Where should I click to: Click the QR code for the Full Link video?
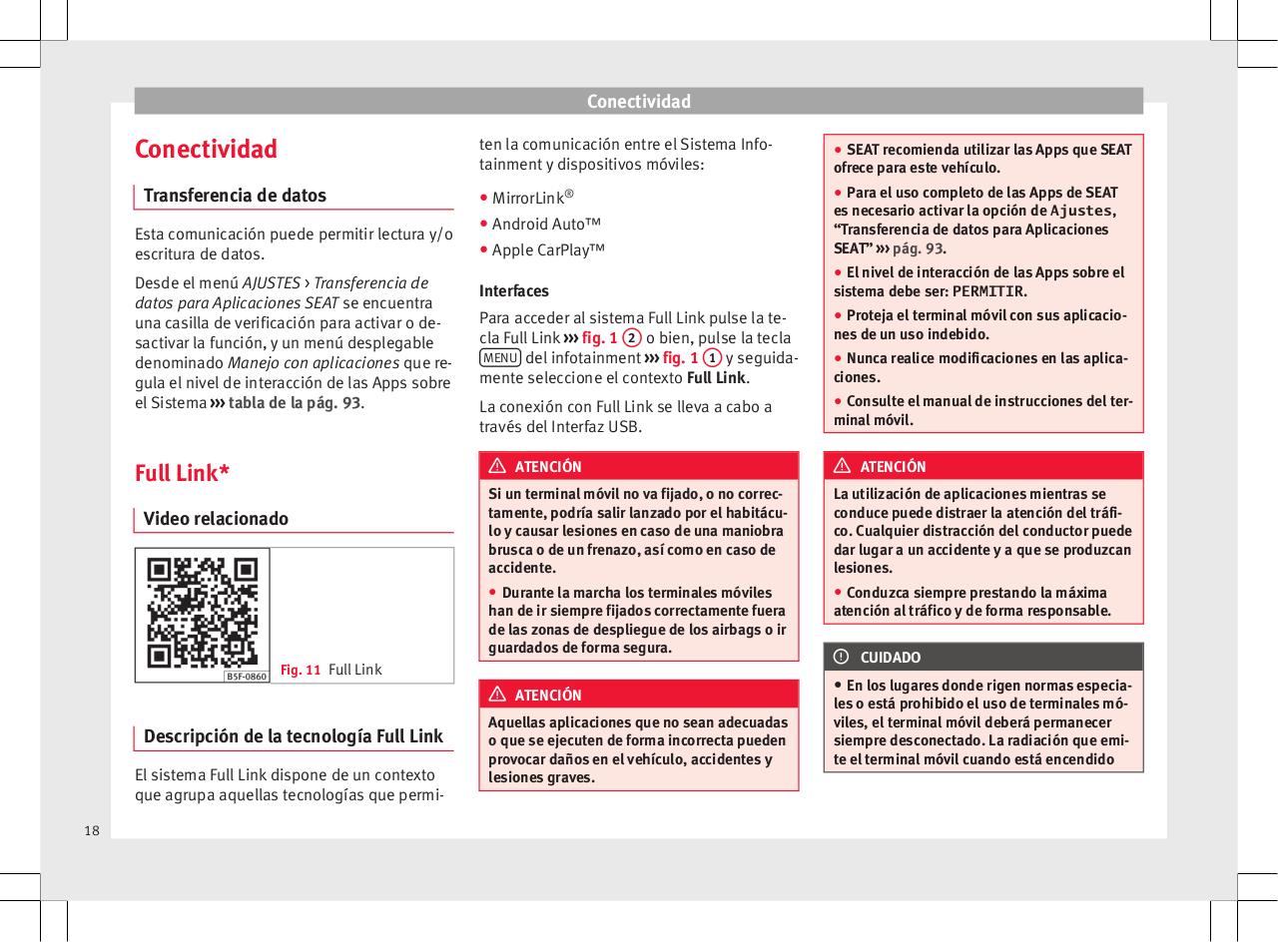point(203,612)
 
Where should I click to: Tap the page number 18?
point(92,830)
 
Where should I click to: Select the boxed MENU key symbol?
point(499,358)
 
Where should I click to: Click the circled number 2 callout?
point(632,337)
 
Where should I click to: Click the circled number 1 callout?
point(711,358)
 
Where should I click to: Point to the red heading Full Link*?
point(182,472)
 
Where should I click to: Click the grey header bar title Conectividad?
point(638,101)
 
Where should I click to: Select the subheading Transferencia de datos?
point(235,195)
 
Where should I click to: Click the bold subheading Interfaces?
point(514,291)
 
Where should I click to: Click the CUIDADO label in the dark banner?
point(891,658)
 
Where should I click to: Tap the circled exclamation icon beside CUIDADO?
point(842,657)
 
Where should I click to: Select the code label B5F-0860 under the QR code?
point(246,676)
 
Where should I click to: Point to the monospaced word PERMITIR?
point(988,291)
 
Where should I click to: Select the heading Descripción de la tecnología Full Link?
point(294,736)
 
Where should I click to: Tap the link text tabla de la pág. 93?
point(295,403)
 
